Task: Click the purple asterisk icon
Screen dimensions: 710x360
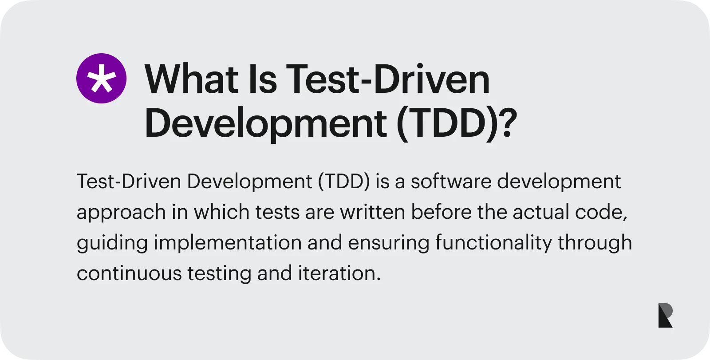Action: (x=102, y=78)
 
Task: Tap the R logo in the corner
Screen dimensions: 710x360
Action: (x=665, y=315)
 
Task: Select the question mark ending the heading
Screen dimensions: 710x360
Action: (x=508, y=123)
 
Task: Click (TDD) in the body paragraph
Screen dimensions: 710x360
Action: (x=344, y=182)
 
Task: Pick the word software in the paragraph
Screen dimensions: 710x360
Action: (x=451, y=181)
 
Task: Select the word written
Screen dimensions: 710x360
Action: (x=373, y=212)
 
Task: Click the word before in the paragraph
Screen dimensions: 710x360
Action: (x=441, y=212)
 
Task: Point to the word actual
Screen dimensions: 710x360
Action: (x=541, y=212)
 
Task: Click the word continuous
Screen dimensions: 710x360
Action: (x=129, y=273)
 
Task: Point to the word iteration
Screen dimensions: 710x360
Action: (x=339, y=273)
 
